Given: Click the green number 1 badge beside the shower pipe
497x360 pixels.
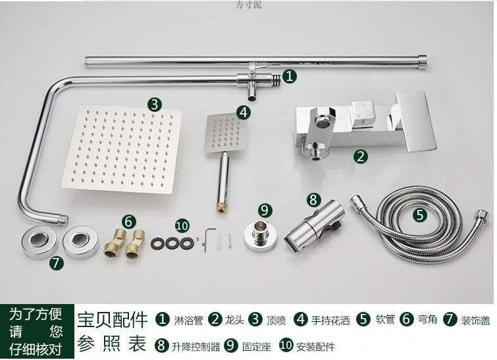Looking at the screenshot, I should [x=290, y=76].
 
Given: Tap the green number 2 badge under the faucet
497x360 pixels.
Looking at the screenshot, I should [x=360, y=156].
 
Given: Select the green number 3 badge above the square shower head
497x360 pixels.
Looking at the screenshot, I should [x=154, y=104].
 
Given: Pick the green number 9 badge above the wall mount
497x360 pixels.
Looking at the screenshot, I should [x=265, y=210].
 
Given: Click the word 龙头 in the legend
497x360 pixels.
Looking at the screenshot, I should [x=235, y=321].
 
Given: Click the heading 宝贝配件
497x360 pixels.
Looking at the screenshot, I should [x=113, y=321].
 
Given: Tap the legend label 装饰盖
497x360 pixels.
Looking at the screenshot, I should [x=475, y=321].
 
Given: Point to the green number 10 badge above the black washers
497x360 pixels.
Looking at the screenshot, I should [x=182, y=225].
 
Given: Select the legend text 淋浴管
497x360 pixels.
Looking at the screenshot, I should [x=188, y=321].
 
